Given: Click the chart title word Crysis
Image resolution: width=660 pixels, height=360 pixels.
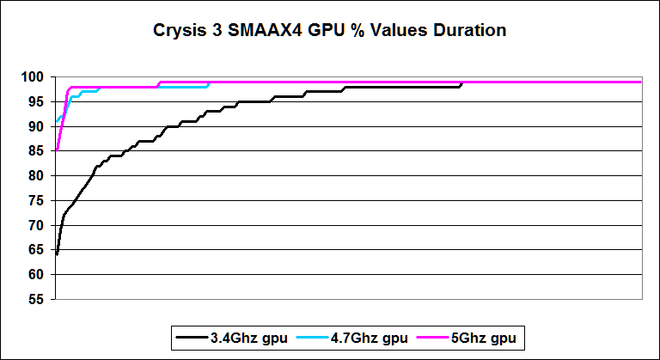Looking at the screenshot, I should pyautogui.click(x=180, y=32).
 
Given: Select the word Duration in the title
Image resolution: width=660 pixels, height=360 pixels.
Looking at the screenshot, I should pyautogui.click(x=468, y=32).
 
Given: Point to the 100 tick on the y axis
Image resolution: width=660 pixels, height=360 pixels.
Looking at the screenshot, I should pyautogui.click(x=36, y=77).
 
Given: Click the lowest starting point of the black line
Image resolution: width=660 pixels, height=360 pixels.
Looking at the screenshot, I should pyautogui.click(x=57, y=254).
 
